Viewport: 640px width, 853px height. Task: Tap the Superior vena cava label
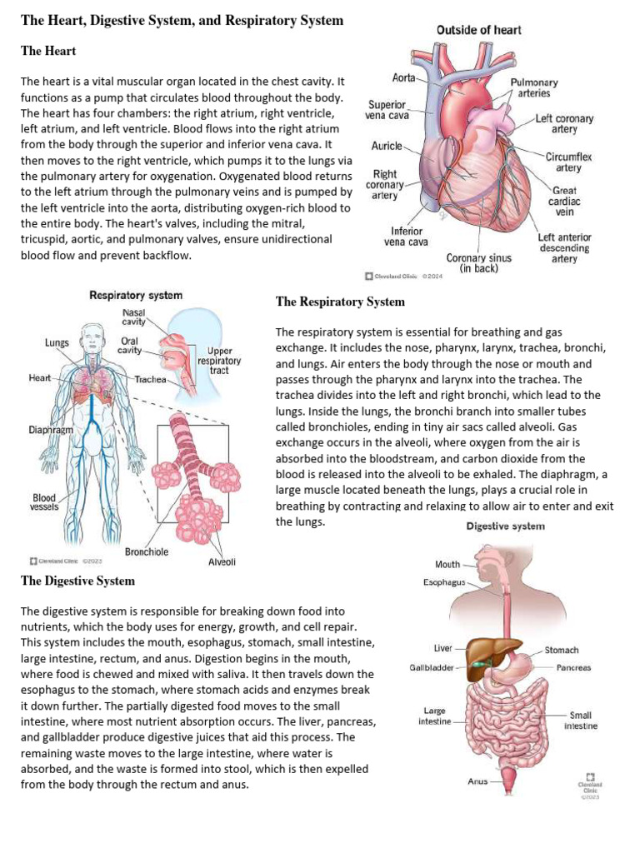(387, 110)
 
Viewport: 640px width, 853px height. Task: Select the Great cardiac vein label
(564, 202)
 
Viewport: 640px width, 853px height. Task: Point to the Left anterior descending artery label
(564, 247)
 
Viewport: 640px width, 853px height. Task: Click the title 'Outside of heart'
(479, 30)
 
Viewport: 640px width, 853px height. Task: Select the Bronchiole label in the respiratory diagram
(147, 551)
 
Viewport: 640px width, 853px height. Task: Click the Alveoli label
(222, 561)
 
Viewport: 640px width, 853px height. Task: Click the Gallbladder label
(431, 667)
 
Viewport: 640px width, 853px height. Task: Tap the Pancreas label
(573, 667)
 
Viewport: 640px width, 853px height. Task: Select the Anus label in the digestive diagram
(477, 781)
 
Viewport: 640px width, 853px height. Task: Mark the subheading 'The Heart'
(48, 52)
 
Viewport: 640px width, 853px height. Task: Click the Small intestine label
(580, 721)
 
